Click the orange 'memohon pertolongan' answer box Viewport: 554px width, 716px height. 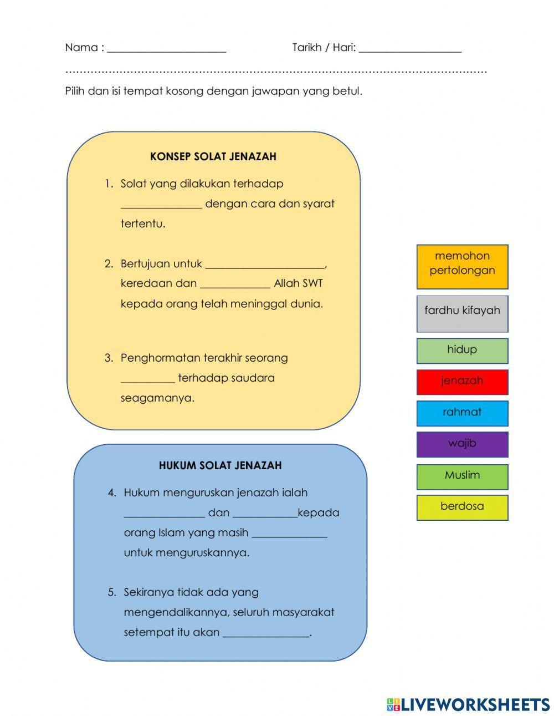point(462,266)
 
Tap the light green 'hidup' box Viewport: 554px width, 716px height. point(462,351)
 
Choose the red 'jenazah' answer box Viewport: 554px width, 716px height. point(462,382)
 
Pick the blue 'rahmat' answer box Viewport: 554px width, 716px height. point(462,413)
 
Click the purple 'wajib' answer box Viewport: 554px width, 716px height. point(462,444)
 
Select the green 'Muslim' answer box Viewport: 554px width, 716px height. point(462,476)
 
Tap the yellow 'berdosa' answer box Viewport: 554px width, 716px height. point(462,507)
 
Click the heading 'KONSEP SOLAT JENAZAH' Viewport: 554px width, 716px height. point(213,157)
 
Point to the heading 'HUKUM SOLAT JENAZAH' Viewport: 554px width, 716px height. point(220,466)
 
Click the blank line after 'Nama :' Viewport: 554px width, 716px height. point(167,49)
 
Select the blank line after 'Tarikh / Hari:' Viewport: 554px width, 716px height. point(410,49)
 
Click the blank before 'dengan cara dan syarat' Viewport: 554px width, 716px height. point(161,205)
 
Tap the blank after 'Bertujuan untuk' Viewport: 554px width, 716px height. point(265,265)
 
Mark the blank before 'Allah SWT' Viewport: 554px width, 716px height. point(235,285)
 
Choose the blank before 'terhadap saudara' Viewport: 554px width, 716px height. point(147,379)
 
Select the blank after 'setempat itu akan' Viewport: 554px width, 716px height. point(265,633)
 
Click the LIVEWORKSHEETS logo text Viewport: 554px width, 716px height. point(475,704)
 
